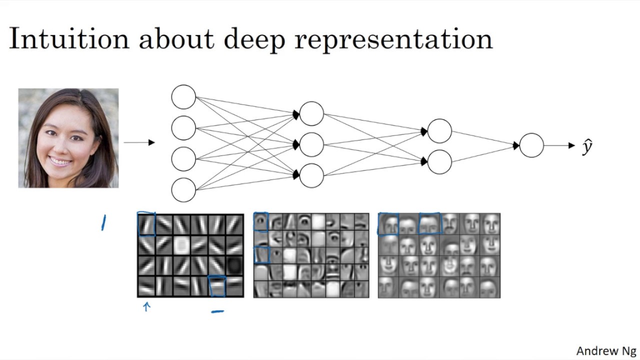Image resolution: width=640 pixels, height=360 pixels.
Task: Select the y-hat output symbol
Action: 587,146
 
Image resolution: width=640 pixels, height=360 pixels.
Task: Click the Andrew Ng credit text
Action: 606,351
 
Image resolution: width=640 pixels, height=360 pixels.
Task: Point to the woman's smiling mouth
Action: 60,161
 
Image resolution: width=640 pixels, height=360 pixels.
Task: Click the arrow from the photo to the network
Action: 139,142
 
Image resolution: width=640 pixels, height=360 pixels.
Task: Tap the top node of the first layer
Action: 183,97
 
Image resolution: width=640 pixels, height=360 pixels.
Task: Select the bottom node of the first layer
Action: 183,190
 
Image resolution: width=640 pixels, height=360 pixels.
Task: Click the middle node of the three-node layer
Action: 311,144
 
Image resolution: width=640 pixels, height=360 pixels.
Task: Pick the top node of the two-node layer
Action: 439,131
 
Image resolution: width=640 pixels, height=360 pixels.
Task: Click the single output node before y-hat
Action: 531,145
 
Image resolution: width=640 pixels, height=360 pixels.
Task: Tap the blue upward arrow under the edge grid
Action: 146,306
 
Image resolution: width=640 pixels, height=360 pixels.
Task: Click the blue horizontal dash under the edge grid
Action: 217,311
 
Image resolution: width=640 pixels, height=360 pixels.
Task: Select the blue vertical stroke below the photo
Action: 103,222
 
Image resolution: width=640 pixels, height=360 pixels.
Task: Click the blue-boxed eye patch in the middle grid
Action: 260,222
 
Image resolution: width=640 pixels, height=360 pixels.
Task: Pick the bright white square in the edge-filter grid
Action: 181,245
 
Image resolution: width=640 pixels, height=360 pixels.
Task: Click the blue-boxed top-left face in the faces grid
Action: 388,223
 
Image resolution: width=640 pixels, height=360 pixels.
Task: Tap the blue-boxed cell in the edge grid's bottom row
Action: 217,286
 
